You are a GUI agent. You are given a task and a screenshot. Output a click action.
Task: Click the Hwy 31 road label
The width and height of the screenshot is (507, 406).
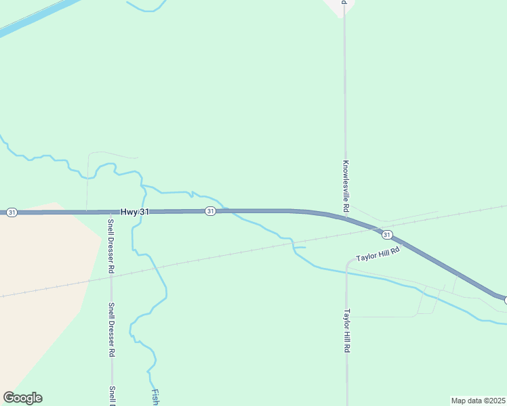(135, 212)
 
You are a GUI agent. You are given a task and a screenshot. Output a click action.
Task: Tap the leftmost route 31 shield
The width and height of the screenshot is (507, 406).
(12, 212)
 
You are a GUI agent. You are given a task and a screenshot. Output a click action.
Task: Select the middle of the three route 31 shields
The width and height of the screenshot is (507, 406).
(210, 212)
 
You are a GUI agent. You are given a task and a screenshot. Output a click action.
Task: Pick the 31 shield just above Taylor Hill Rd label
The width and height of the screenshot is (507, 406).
(386, 234)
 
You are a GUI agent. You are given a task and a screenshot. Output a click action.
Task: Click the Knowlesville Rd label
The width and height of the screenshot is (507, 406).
(346, 183)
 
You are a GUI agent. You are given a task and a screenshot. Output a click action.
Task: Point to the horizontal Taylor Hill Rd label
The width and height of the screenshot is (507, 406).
(378, 254)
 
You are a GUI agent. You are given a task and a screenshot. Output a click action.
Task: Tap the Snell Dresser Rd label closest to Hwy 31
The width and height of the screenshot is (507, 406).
(111, 246)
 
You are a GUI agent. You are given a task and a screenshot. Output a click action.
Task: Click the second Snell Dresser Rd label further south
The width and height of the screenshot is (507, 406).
(111, 330)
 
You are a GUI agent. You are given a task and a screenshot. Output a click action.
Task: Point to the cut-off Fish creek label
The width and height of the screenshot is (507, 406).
(155, 397)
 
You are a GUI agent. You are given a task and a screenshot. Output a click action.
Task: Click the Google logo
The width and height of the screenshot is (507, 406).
(23, 397)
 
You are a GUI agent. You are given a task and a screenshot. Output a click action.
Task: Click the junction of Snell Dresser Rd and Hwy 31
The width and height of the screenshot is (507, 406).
(111, 212)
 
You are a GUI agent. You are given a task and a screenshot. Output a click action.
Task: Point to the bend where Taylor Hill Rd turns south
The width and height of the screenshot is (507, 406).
(348, 263)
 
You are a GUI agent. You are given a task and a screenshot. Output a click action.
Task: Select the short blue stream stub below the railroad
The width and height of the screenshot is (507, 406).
(300, 248)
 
